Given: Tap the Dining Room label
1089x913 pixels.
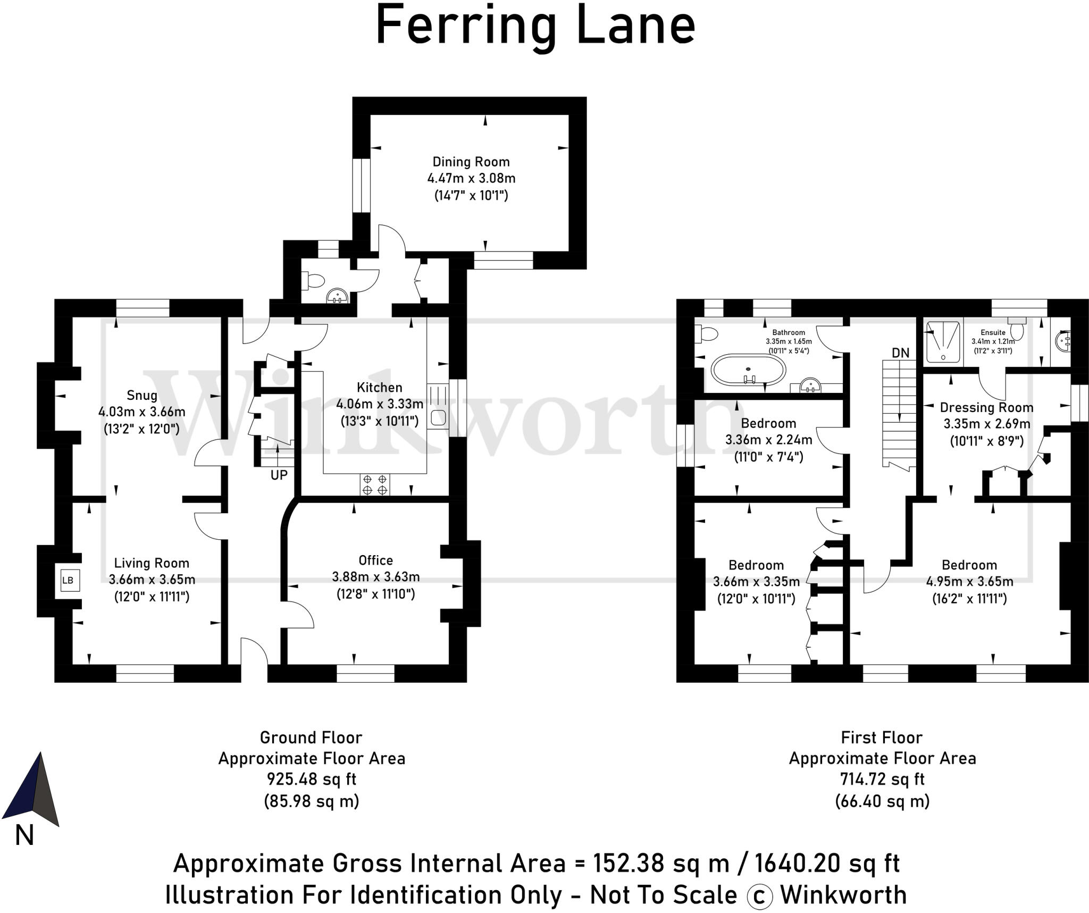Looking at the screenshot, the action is coord(471,162).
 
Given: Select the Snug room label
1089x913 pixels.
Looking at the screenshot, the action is coord(142,395).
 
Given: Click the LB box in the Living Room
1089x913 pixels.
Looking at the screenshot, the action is coord(68,580).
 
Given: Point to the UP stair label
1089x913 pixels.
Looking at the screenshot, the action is coord(279,475).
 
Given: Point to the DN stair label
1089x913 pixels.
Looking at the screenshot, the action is coord(901,353).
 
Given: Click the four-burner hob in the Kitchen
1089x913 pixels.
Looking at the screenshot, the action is coord(375,484).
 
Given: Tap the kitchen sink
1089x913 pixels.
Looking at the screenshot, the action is coord(438,417).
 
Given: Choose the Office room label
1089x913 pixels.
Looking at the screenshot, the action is coord(376,560).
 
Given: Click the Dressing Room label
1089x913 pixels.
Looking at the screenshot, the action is coord(987,408).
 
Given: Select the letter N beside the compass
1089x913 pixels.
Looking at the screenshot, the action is coord(24,835).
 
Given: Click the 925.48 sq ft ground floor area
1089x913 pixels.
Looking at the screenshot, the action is coord(312,780).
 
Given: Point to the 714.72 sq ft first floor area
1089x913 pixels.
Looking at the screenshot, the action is coord(882,780).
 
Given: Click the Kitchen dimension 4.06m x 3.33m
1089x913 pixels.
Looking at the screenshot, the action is coord(380,404).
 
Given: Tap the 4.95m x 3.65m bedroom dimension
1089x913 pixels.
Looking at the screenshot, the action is coord(970,582).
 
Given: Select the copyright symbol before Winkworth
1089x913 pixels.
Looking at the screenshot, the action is coord(760,897).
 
